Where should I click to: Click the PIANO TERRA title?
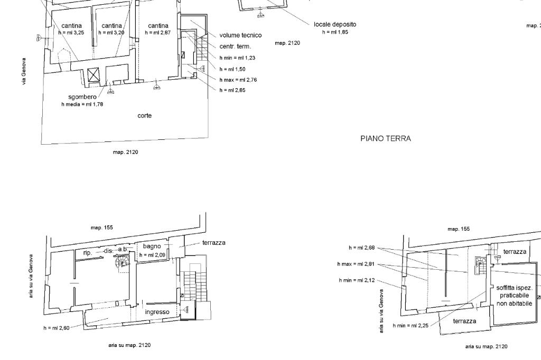click(x=385, y=139)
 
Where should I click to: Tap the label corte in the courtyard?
click(x=145, y=116)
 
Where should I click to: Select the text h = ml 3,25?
click(x=71, y=33)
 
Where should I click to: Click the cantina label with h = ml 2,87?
click(x=158, y=25)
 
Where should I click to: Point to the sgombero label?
click(x=82, y=97)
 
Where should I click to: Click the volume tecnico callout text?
click(x=240, y=35)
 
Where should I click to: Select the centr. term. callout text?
click(x=235, y=46)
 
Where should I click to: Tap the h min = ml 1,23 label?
click(x=237, y=58)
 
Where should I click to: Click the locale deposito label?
click(x=335, y=24)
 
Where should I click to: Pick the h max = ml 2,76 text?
click(x=238, y=80)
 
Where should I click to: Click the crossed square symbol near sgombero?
click(x=93, y=75)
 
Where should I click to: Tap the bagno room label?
click(x=152, y=246)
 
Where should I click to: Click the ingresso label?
click(x=157, y=312)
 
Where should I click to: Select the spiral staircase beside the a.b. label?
click(x=122, y=262)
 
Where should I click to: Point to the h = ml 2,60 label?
click(x=56, y=328)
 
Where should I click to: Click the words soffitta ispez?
click(x=515, y=288)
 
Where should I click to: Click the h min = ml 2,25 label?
click(x=411, y=326)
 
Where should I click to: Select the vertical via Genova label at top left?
click(x=24, y=71)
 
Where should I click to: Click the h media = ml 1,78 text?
click(x=82, y=104)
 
